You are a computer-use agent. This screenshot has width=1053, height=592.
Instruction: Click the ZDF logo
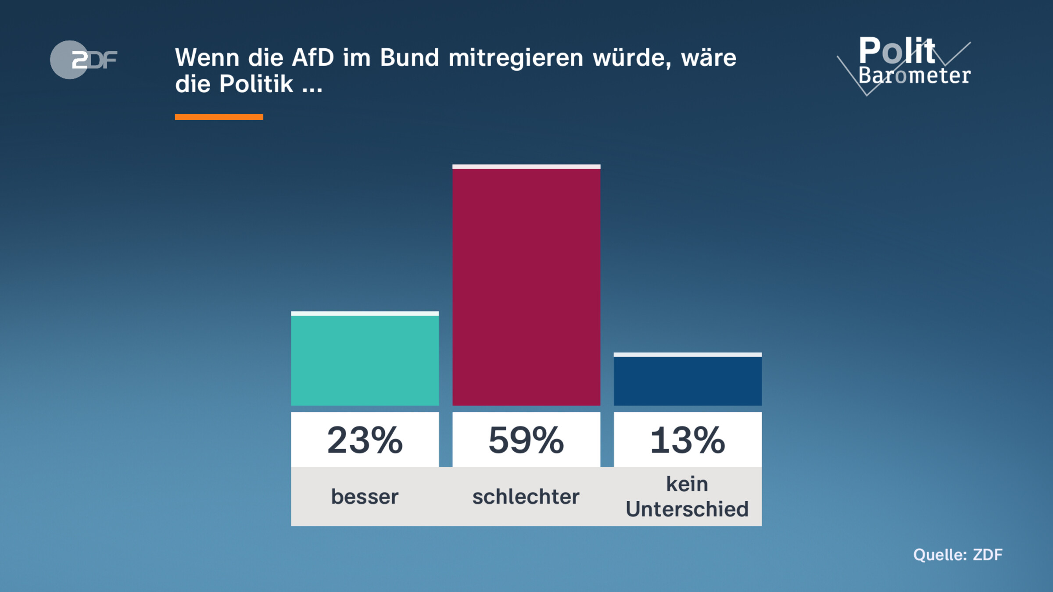83,60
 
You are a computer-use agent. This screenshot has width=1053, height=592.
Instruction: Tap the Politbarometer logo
908,64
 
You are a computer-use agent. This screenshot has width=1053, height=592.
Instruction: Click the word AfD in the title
313,57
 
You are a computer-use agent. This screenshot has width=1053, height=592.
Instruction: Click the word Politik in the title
256,84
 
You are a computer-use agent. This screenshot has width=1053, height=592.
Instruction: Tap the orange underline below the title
219,117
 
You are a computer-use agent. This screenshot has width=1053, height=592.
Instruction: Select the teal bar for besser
365,360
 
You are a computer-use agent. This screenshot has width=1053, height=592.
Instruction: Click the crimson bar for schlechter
526,285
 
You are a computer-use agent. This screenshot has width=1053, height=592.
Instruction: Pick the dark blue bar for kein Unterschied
687,380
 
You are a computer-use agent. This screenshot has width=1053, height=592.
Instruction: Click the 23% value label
365,440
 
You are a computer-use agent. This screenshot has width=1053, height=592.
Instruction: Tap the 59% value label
526,440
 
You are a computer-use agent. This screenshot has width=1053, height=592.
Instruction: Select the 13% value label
687,440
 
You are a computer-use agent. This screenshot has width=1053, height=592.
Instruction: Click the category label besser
365,497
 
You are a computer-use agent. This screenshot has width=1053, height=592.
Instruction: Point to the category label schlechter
526,497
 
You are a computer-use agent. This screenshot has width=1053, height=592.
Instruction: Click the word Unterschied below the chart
687,509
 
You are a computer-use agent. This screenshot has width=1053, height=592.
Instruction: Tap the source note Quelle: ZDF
958,555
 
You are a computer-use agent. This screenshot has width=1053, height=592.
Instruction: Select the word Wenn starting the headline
207,57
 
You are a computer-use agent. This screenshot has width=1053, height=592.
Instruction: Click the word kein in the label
687,484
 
